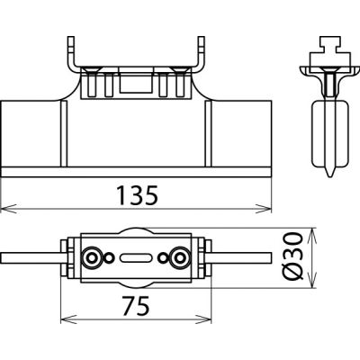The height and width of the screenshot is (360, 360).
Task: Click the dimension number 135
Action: point(137,193)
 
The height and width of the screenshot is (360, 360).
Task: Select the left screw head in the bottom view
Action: point(90,260)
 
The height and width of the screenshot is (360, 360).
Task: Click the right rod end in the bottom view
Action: point(261,260)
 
